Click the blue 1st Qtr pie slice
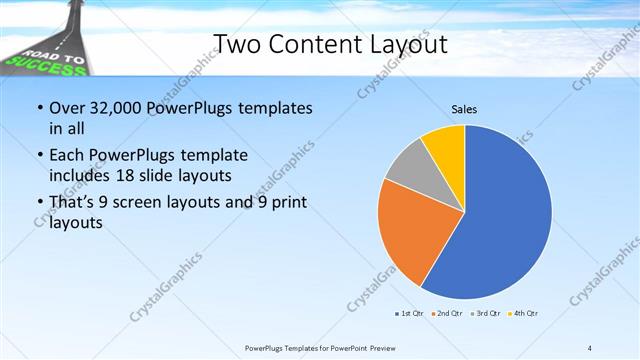pos(510,210)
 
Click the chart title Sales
pos(464,108)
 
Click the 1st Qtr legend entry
pos(408,313)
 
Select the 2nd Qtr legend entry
pos(446,313)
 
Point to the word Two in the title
pos(239,44)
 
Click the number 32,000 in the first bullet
pos(116,108)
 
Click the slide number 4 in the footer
pos(589,348)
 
